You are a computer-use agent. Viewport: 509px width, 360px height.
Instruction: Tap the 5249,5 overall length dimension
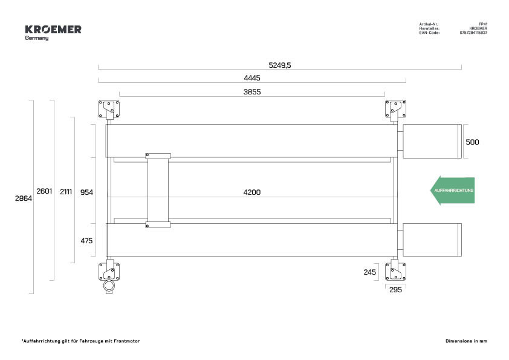click(280, 65)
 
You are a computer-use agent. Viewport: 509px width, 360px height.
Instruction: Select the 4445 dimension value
click(252, 78)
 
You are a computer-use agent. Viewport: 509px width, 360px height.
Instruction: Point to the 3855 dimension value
click(252, 92)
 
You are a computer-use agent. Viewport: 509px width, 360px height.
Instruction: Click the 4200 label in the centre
click(252, 192)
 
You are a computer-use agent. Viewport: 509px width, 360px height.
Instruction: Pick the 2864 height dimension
click(24, 198)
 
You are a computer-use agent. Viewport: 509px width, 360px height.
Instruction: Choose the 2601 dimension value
click(44, 191)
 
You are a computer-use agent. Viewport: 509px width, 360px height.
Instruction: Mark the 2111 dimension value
click(66, 192)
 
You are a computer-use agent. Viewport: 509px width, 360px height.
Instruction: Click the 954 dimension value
click(86, 192)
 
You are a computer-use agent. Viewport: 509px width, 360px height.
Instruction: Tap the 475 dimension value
click(86, 241)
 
